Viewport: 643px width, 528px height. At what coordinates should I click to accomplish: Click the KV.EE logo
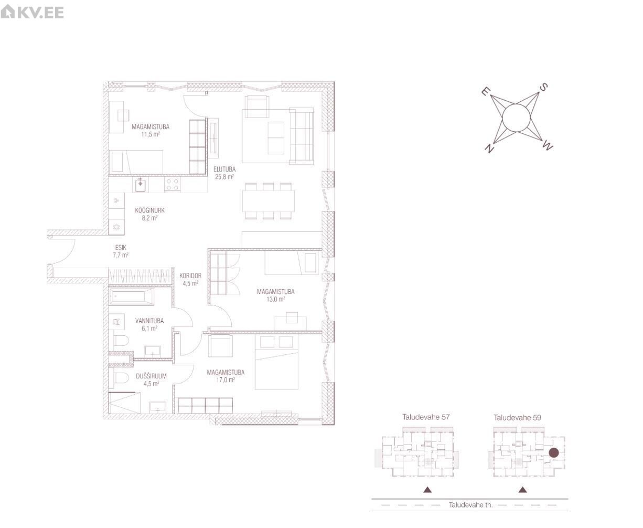pyautogui.click(x=32, y=13)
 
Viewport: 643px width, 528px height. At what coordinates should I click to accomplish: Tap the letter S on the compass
pyautogui.click(x=543, y=87)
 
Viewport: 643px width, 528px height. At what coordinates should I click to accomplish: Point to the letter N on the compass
pyautogui.click(x=489, y=148)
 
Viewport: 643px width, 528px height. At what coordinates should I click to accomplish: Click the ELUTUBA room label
pyautogui.click(x=224, y=169)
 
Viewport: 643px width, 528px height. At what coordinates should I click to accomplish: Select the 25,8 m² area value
pyautogui.click(x=224, y=177)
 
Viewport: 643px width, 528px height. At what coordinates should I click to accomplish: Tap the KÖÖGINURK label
pyautogui.click(x=149, y=210)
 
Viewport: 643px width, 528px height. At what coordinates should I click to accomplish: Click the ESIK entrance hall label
pyautogui.click(x=121, y=248)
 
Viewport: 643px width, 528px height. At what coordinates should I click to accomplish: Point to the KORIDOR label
pyautogui.click(x=190, y=276)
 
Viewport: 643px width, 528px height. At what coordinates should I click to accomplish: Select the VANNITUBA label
pyautogui.click(x=149, y=321)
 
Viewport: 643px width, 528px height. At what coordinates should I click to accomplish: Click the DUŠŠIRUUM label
pyautogui.click(x=151, y=376)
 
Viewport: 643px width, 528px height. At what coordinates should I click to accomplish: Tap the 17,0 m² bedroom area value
pyautogui.click(x=226, y=380)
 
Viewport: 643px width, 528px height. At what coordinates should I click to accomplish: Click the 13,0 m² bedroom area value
pyautogui.click(x=276, y=299)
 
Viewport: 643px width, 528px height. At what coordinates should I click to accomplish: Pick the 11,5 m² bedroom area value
pyautogui.click(x=151, y=134)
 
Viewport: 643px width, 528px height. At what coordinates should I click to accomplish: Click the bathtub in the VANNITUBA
pyautogui.click(x=132, y=297)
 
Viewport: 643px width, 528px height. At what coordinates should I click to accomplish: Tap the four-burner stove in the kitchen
pyautogui.click(x=172, y=185)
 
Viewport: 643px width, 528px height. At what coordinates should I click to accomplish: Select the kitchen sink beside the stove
pyautogui.click(x=140, y=185)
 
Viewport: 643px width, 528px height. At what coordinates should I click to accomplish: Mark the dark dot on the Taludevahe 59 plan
pyautogui.click(x=554, y=452)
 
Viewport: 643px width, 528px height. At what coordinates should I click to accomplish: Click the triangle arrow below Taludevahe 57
pyautogui.click(x=427, y=490)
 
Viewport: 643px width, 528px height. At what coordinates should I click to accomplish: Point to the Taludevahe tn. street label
pyautogui.click(x=470, y=505)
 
